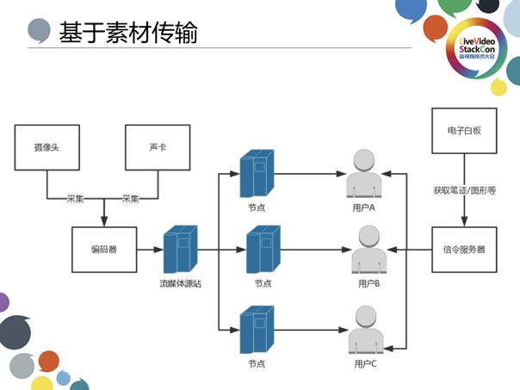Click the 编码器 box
(x=104, y=250)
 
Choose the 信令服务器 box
(x=465, y=250)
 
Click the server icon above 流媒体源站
(x=180, y=249)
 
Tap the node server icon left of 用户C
(x=258, y=329)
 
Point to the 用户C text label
(x=367, y=365)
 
